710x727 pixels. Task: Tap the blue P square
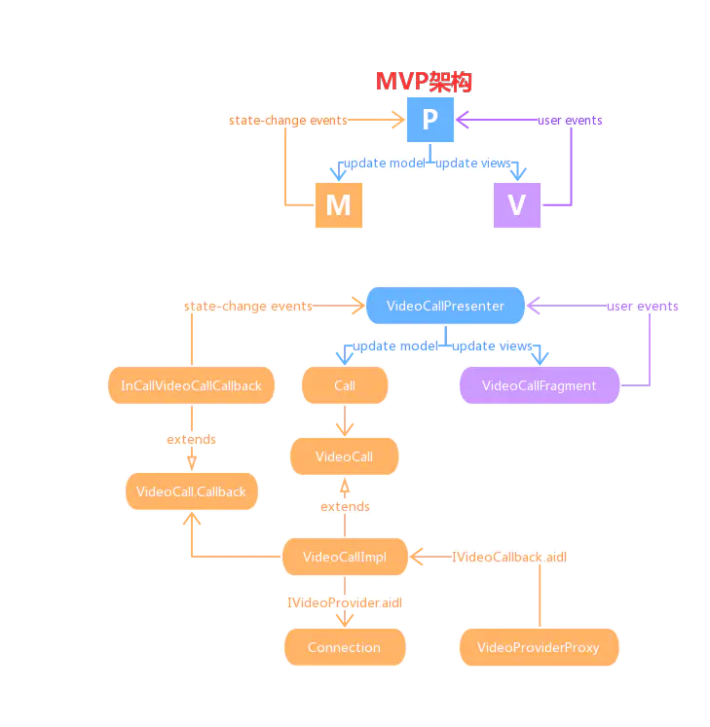tap(430, 121)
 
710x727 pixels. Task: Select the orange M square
tap(338, 204)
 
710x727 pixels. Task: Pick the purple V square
tap(517, 204)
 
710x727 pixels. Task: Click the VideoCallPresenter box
tap(445, 306)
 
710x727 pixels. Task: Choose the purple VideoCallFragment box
tap(539, 385)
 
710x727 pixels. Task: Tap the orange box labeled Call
tap(345, 385)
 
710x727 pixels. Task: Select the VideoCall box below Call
tap(344, 455)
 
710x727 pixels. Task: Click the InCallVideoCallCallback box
tap(191, 385)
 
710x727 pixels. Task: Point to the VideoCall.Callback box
tap(192, 491)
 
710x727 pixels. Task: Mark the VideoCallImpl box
tap(344, 557)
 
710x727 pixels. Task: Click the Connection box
tap(344, 647)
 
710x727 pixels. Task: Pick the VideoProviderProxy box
tap(539, 647)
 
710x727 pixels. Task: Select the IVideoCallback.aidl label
tap(509, 557)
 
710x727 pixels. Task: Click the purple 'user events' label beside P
tap(570, 121)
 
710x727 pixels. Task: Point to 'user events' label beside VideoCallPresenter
tap(643, 306)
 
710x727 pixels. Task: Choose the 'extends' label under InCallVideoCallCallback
tap(191, 440)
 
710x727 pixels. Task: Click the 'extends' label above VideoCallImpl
tap(345, 507)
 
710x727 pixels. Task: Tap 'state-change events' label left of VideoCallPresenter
tap(248, 306)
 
